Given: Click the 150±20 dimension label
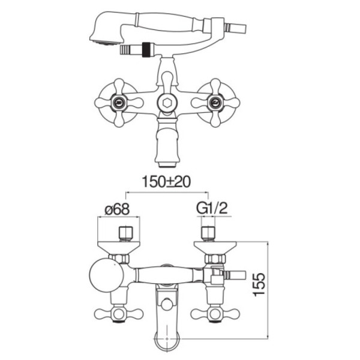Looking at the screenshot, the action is tap(166, 182).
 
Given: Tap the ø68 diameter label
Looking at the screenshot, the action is tap(118, 209).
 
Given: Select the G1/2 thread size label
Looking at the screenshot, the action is tap(212, 209).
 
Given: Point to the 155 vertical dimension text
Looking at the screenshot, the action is tap(259, 284).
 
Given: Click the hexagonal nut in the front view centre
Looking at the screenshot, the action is tap(167, 103).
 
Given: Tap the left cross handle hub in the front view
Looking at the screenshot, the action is tap(119, 103).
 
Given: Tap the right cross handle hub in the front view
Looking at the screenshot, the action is tap(215, 103).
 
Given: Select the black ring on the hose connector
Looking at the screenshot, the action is tap(145, 49).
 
